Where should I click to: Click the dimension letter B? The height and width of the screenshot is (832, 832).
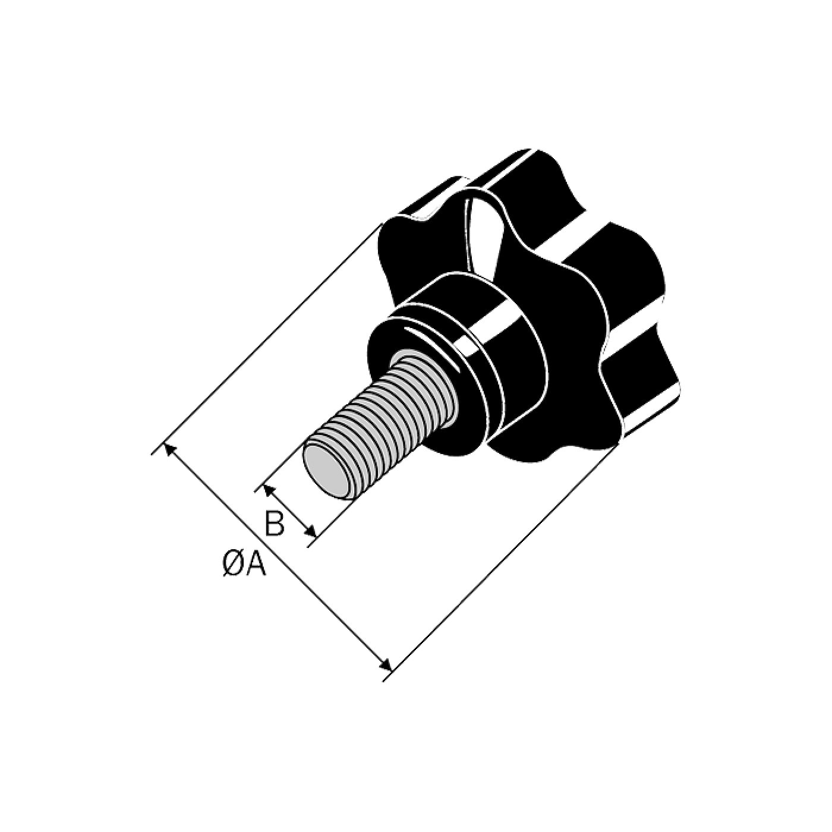click(x=275, y=523)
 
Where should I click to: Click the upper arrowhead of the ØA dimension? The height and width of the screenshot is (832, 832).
click(x=171, y=451)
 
